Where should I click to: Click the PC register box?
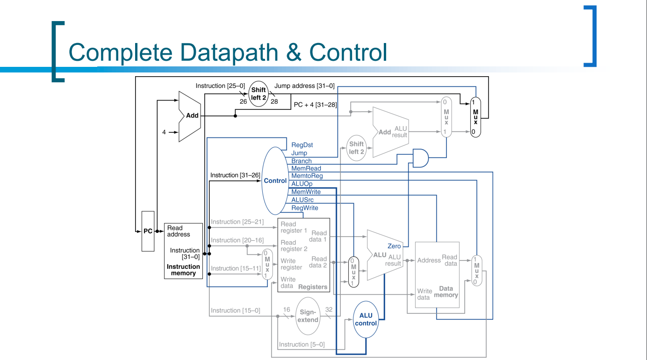pyautogui.click(x=148, y=231)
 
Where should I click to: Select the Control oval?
pyautogui.click(x=275, y=181)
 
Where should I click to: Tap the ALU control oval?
pyautogui.click(x=366, y=319)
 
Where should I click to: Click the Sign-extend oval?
pyautogui.click(x=308, y=316)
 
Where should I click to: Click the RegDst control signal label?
pyautogui.click(x=302, y=145)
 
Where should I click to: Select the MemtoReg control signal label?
pyautogui.click(x=307, y=176)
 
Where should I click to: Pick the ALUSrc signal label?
pyautogui.click(x=302, y=200)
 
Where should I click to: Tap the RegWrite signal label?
pyautogui.click(x=304, y=208)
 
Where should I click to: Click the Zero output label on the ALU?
pyautogui.click(x=394, y=246)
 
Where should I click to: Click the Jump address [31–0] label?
pyautogui.click(x=304, y=86)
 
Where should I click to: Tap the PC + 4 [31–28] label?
pyautogui.click(x=315, y=105)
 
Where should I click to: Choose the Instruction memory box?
pyautogui.click(x=183, y=251)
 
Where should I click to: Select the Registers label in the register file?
pyautogui.click(x=313, y=287)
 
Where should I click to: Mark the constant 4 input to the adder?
pyautogui.click(x=164, y=132)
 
